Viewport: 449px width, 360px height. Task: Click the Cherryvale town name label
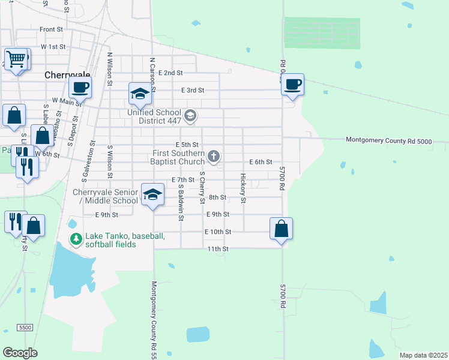67,76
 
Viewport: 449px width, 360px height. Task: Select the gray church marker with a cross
213,157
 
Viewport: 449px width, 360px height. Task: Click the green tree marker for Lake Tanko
76,239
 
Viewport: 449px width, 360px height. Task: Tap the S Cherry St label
202,187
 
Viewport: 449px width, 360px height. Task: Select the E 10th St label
217,232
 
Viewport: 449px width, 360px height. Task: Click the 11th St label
218,248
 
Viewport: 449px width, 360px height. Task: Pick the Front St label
52,29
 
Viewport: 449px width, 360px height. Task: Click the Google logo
20,352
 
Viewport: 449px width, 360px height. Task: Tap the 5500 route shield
25,328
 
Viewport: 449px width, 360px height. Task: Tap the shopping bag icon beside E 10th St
281,229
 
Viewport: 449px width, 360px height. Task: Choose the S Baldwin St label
180,202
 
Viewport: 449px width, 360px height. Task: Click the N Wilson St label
110,69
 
